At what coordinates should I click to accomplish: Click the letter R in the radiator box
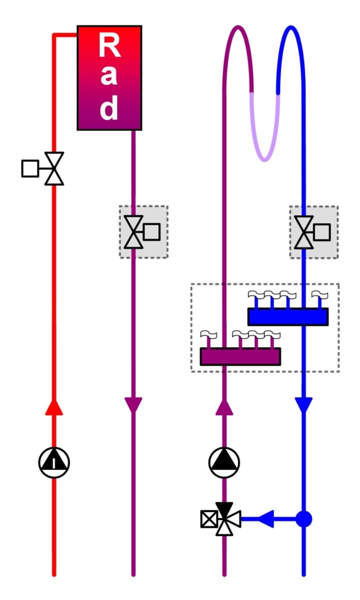pyautogui.click(x=110, y=45)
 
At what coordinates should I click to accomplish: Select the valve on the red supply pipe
pyautogui.click(x=54, y=169)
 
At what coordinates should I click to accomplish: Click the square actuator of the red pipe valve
pyautogui.click(x=30, y=169)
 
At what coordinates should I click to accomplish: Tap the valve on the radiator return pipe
pyautogui.click(x=133, y=232)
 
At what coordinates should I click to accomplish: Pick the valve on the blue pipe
pyautogui.click(x=304, y=232)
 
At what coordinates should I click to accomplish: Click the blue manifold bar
pyautogui.click(x=288, y=317)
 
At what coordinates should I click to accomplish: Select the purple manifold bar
pyautogui.click(x=240, y=356)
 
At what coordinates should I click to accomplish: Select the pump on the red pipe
pyautogui.click(x=54, y=462)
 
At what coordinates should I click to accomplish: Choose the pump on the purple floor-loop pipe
pyautogui.click(x=224, y=462)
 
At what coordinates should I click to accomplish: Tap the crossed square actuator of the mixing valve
pyautogui.click(x=209, y=519)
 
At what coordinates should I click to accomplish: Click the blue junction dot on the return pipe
pyautogui.click(x=304, y=519)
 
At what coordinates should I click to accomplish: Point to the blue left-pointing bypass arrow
pyautogui.click(x=266, y=519)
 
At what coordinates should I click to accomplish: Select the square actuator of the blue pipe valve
pyautogui.click(x=322, y=232)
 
